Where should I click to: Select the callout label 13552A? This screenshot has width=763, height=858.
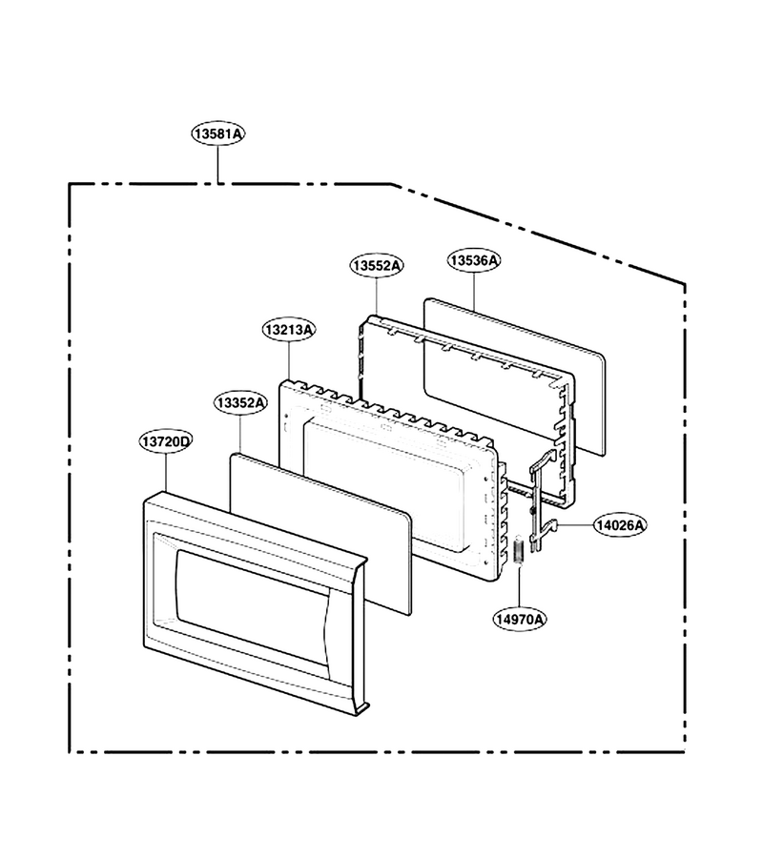[377, 266]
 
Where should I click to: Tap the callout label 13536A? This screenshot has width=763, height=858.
[474, 260]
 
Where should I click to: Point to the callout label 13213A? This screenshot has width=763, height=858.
[289, 330]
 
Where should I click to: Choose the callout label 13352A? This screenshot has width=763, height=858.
[240, 403]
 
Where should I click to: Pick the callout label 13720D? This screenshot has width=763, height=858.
[165, 441]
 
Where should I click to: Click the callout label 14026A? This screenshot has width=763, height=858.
[621, 525]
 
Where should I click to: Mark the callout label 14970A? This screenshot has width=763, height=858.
[520, 619]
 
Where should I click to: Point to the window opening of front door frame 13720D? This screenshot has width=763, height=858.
[252, 607]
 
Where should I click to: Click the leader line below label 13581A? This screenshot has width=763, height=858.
[217, 165]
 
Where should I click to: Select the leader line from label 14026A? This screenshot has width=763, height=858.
[576, 525]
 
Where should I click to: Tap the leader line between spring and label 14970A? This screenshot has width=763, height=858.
[520, 584]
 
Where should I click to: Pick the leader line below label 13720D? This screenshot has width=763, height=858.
[165, 472]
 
